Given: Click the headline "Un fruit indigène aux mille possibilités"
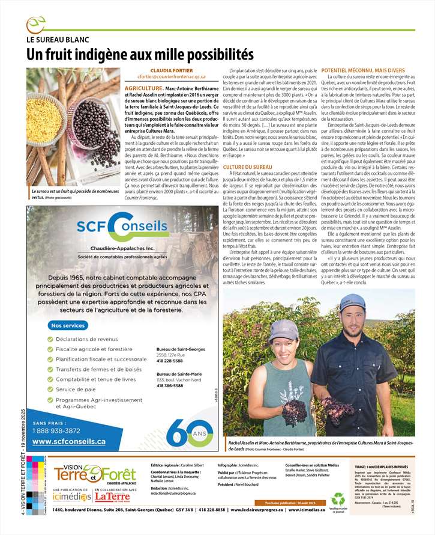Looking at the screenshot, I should pos(139,54).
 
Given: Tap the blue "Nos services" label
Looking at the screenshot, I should pos(68,325).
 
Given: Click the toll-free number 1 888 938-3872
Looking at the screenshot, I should pos(56,430).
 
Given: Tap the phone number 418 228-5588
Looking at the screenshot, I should pos(171,361).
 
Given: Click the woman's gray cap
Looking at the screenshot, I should pos(282,329).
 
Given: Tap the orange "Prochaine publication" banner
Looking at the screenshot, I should pos(289,502).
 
